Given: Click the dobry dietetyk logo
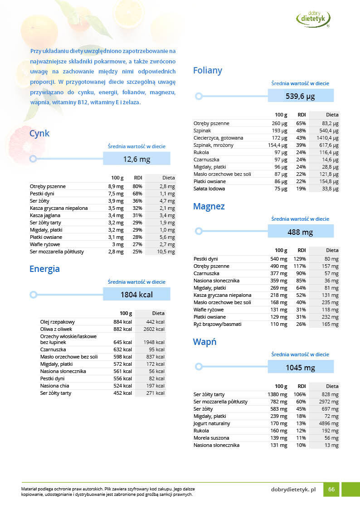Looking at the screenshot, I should [x=313, y=18].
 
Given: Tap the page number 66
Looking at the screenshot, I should [x=331, y=490].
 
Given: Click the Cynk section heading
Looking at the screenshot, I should [x=39, y=133].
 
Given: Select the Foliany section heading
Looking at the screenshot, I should [x=207, y=70].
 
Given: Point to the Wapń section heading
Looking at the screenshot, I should [x=204, y=342].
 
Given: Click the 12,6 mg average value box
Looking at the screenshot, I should [x=136, y=159].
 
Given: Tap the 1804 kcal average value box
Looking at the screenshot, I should [x=136, y=294].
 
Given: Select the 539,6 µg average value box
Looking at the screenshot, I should [x=300, y=96].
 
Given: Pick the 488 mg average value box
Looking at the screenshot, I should [x=300, y=232].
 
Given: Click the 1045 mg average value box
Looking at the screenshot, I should [x=300, y=367].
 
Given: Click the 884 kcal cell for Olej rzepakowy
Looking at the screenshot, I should [x=122, y=322].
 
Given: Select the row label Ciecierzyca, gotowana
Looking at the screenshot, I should [x=219, y=138].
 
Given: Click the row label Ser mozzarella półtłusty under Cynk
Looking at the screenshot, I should [x=57, y=252].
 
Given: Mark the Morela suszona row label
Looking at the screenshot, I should [x=211, y=438].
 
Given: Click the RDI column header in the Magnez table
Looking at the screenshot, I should [x=302, y=250].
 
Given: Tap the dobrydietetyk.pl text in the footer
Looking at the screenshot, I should [x=293, y=490].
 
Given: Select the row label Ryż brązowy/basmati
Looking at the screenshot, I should [x=218, y=324].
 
